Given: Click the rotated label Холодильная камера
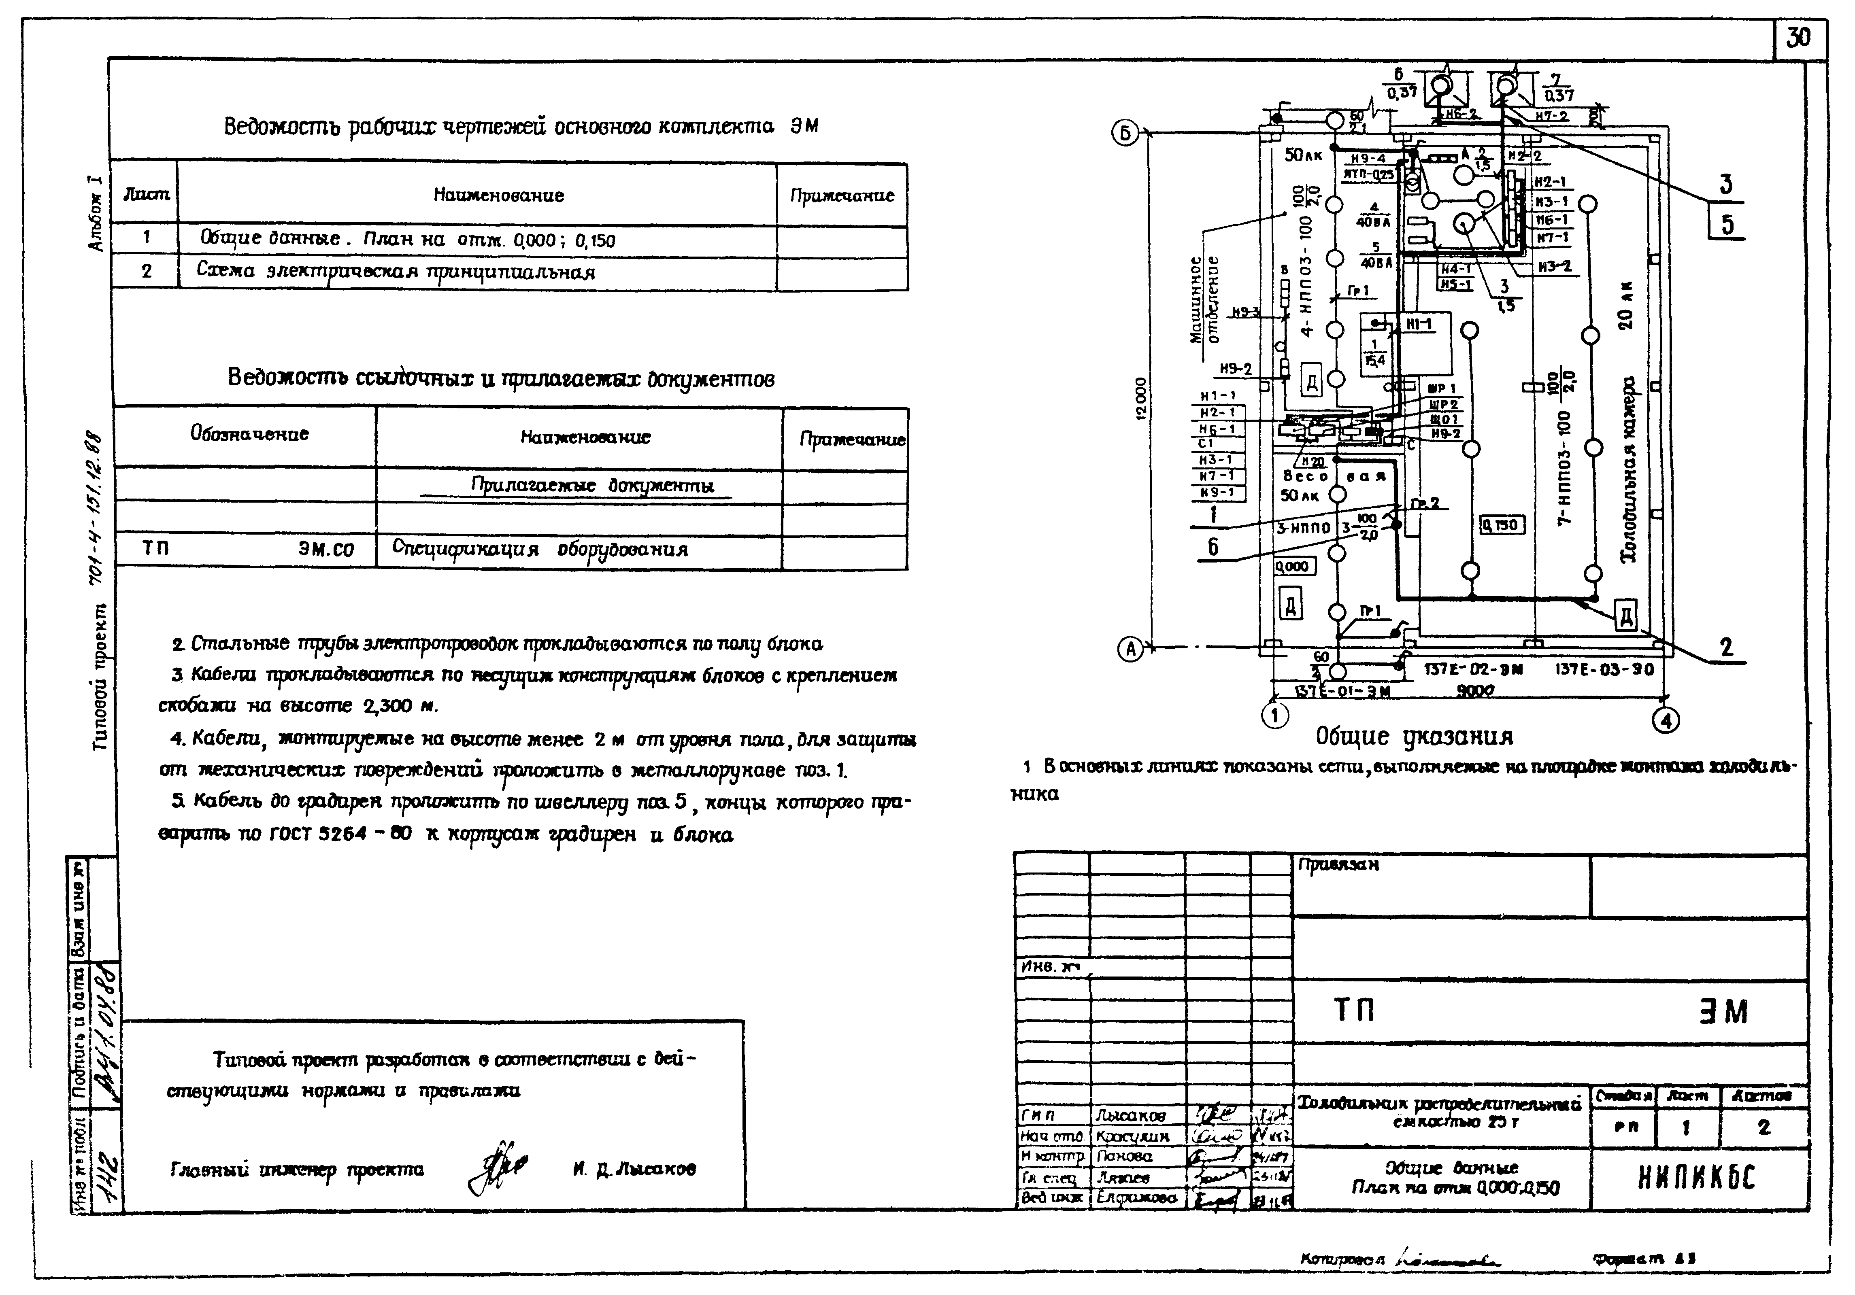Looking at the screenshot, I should pos(1629,469).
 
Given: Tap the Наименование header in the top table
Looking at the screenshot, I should pos(498,195).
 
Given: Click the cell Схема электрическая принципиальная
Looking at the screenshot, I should pos(396,272).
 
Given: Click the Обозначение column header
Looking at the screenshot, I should pos(250,434).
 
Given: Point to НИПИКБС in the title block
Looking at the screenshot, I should pos(1697,1180).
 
